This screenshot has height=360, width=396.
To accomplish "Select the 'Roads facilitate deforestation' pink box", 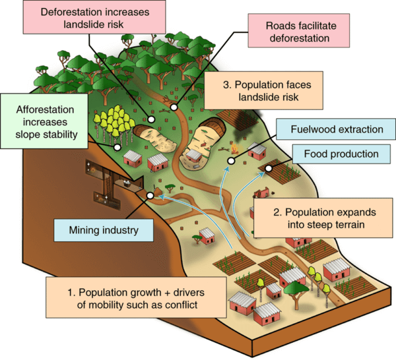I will tap(296, 32).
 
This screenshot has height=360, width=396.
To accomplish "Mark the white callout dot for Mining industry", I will tap(150, 196).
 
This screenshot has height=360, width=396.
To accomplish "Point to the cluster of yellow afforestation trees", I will tap(114, 123).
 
